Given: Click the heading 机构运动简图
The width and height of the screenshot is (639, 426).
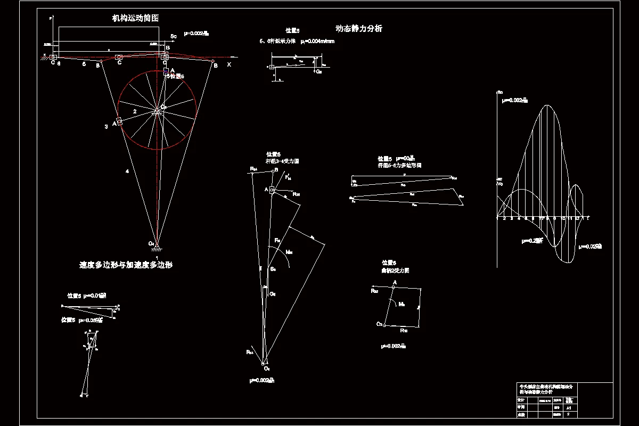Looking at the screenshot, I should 135,18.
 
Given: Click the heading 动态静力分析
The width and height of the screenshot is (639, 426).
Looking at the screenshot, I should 358,29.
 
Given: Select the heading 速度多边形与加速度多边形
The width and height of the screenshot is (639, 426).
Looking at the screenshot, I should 126,265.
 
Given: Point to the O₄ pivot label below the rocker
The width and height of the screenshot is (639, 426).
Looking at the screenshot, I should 152,244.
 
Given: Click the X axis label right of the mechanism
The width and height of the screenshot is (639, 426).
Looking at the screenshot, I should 229,64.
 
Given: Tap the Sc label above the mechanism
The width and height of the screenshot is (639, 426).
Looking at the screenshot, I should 174,36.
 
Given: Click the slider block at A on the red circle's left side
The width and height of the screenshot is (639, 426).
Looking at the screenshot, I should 120,122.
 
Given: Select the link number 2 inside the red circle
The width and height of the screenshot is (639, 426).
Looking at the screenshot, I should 135,112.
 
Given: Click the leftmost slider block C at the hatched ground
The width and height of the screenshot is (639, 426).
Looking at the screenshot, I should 54,57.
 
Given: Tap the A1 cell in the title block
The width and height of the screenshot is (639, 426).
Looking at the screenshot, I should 569,408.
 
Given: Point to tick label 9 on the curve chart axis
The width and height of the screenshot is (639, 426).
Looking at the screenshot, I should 555,219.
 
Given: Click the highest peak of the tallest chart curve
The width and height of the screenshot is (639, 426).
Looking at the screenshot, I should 546,105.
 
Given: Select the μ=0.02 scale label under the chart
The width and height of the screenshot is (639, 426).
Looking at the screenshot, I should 591,247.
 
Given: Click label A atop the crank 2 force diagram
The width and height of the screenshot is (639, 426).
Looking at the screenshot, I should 395,282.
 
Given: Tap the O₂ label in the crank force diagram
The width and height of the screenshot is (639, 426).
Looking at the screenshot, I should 379,324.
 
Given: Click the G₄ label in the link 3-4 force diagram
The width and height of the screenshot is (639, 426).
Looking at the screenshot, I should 273,294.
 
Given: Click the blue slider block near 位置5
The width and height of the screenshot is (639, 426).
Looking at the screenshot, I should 166,71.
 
